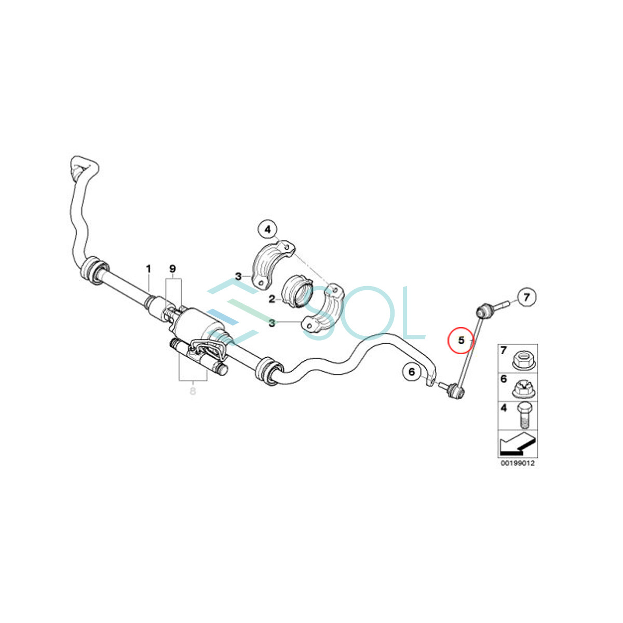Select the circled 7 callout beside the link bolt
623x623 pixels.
click(x=526, y=297)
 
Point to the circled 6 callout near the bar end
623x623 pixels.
click(x=412, y=372)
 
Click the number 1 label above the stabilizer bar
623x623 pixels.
click(x=148, y=269)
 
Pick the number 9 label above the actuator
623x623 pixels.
click(x=173, y=269)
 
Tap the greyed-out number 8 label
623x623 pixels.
click(x=193, y=391)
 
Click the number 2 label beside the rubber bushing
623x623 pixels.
click(x=272, y=299)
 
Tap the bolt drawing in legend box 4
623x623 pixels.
click(x=523, y=416)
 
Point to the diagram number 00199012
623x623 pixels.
click(x=517, y=463)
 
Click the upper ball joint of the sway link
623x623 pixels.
click(x=484, y=311)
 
